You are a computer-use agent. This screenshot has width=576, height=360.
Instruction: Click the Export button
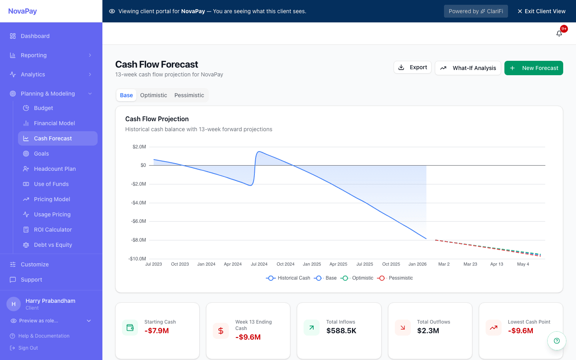tap(412, 67)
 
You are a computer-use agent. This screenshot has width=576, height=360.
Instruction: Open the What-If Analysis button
tap(468, 68)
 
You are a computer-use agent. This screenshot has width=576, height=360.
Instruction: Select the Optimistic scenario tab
tap(154, 95)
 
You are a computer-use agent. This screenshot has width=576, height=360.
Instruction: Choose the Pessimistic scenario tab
tap(189, 95)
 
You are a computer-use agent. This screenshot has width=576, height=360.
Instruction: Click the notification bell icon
tap(559, 34)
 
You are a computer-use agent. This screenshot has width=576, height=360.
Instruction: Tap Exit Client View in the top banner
tap(541, 11)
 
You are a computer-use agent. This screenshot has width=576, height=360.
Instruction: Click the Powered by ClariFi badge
tap(476, 11)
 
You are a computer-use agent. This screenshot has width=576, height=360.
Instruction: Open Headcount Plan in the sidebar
tap(55, 169)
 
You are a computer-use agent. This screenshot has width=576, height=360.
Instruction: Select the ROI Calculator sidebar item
tap(53, 230)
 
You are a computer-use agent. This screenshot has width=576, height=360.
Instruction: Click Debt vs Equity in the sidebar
tap(53, 245)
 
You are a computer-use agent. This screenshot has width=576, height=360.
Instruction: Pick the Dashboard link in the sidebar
tap(35, 36)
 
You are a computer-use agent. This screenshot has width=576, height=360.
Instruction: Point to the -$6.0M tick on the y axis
tap(138, 221)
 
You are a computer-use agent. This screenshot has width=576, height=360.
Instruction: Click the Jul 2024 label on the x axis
tap(259, 264)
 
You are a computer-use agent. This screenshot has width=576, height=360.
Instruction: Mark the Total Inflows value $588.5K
tap(341, 331)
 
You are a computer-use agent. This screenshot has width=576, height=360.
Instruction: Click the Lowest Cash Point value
tap(520, 331)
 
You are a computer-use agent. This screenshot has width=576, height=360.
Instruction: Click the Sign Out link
tap(28, 348)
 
